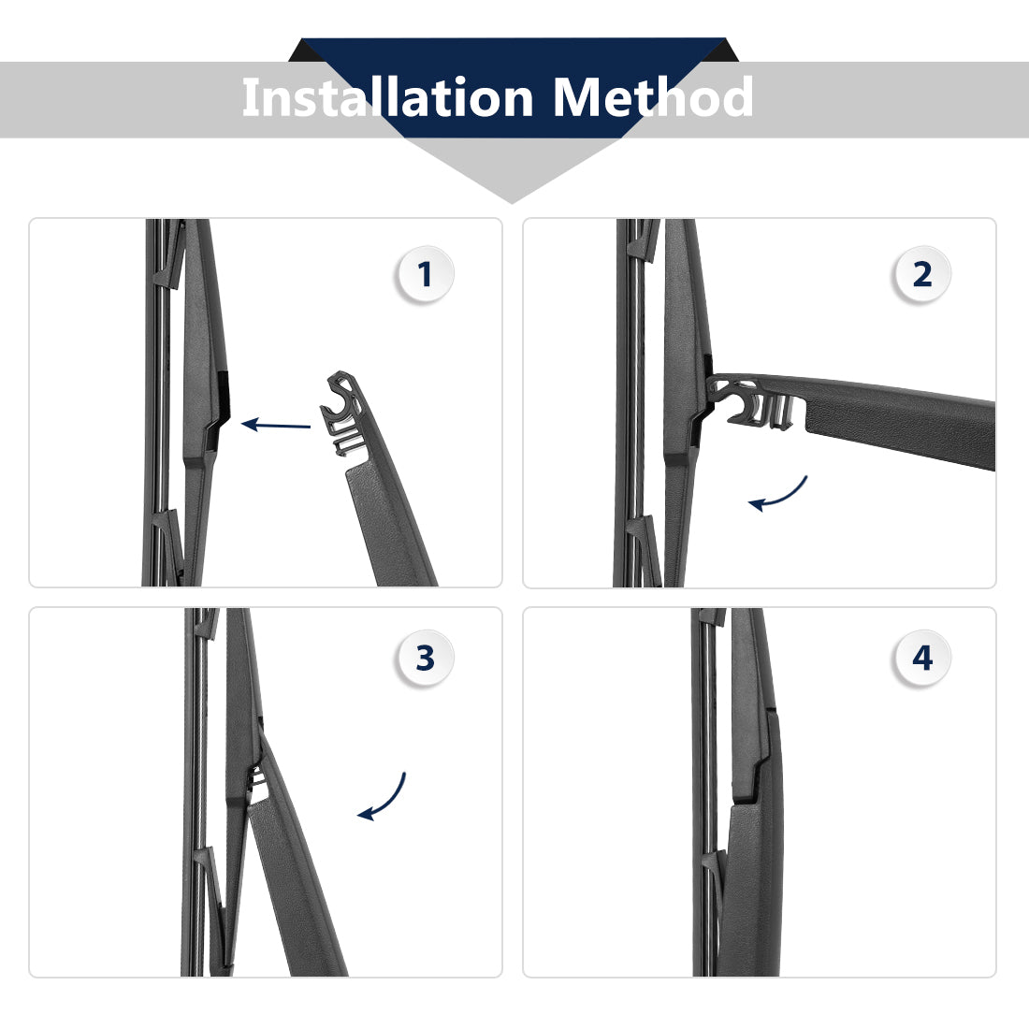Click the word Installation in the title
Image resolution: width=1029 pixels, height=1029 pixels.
(388, 97)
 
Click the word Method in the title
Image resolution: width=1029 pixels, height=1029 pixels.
(652, 97)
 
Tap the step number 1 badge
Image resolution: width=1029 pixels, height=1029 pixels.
(425, 274)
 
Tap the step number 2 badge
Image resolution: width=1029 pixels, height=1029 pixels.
(922, 274)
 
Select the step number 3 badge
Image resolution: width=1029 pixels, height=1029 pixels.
(425, 659)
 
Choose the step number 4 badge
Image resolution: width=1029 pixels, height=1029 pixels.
(922, 659)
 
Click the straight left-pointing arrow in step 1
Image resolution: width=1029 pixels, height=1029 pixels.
(276, 425)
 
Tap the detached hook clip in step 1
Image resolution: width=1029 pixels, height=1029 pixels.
(341, 413)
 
